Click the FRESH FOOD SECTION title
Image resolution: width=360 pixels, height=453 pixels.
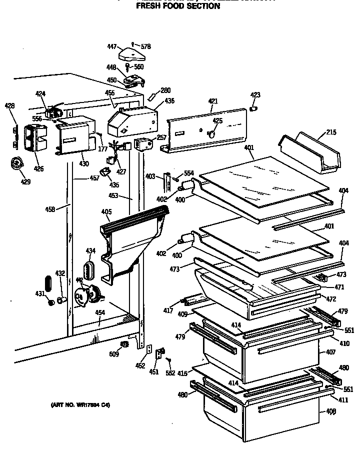click(x=178, y=6)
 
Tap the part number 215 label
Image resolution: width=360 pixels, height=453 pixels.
click(x=331, y=132)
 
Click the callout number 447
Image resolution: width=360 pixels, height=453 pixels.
click(x=112, y=46)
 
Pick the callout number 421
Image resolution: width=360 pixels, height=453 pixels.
click(x=213, y=101)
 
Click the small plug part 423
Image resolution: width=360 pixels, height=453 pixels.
click(x=253, y=108)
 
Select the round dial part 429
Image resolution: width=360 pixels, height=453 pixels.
click(x=18, y=163)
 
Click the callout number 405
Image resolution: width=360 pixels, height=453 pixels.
click(x=105, y=211)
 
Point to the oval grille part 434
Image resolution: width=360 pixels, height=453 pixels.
click(x=89, y=270)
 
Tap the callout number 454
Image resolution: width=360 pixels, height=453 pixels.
click(x=100, y=312)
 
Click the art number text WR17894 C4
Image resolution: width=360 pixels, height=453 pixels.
click(x=80, y=405)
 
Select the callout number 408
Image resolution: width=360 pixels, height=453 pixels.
click(x=331, y=411)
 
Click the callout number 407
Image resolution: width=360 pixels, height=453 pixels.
click(x=331, y=352)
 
